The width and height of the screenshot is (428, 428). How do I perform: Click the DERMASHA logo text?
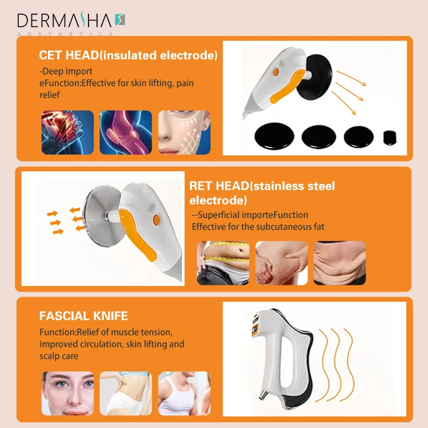[66, 21]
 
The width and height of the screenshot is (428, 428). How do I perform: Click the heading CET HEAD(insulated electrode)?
[128, 55]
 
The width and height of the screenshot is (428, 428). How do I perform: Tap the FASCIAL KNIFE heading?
[83, 316]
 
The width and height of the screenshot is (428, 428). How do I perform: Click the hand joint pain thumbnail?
[67, 132]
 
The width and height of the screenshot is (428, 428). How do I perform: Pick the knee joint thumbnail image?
[126, 132]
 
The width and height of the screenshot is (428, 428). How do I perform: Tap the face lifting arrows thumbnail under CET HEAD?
[184, 132]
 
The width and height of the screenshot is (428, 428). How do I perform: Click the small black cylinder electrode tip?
[389, 136]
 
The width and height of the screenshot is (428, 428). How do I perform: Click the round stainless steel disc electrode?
[102, 220]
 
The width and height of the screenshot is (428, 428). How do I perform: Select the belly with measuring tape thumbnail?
[223, 263]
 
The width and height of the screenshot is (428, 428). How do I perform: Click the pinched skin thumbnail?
[281, 263]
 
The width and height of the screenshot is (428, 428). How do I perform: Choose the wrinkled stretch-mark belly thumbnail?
[340, 263]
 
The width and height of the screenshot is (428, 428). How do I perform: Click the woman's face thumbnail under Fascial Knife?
[68, 393]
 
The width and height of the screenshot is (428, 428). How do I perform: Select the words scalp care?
[59, 356]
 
